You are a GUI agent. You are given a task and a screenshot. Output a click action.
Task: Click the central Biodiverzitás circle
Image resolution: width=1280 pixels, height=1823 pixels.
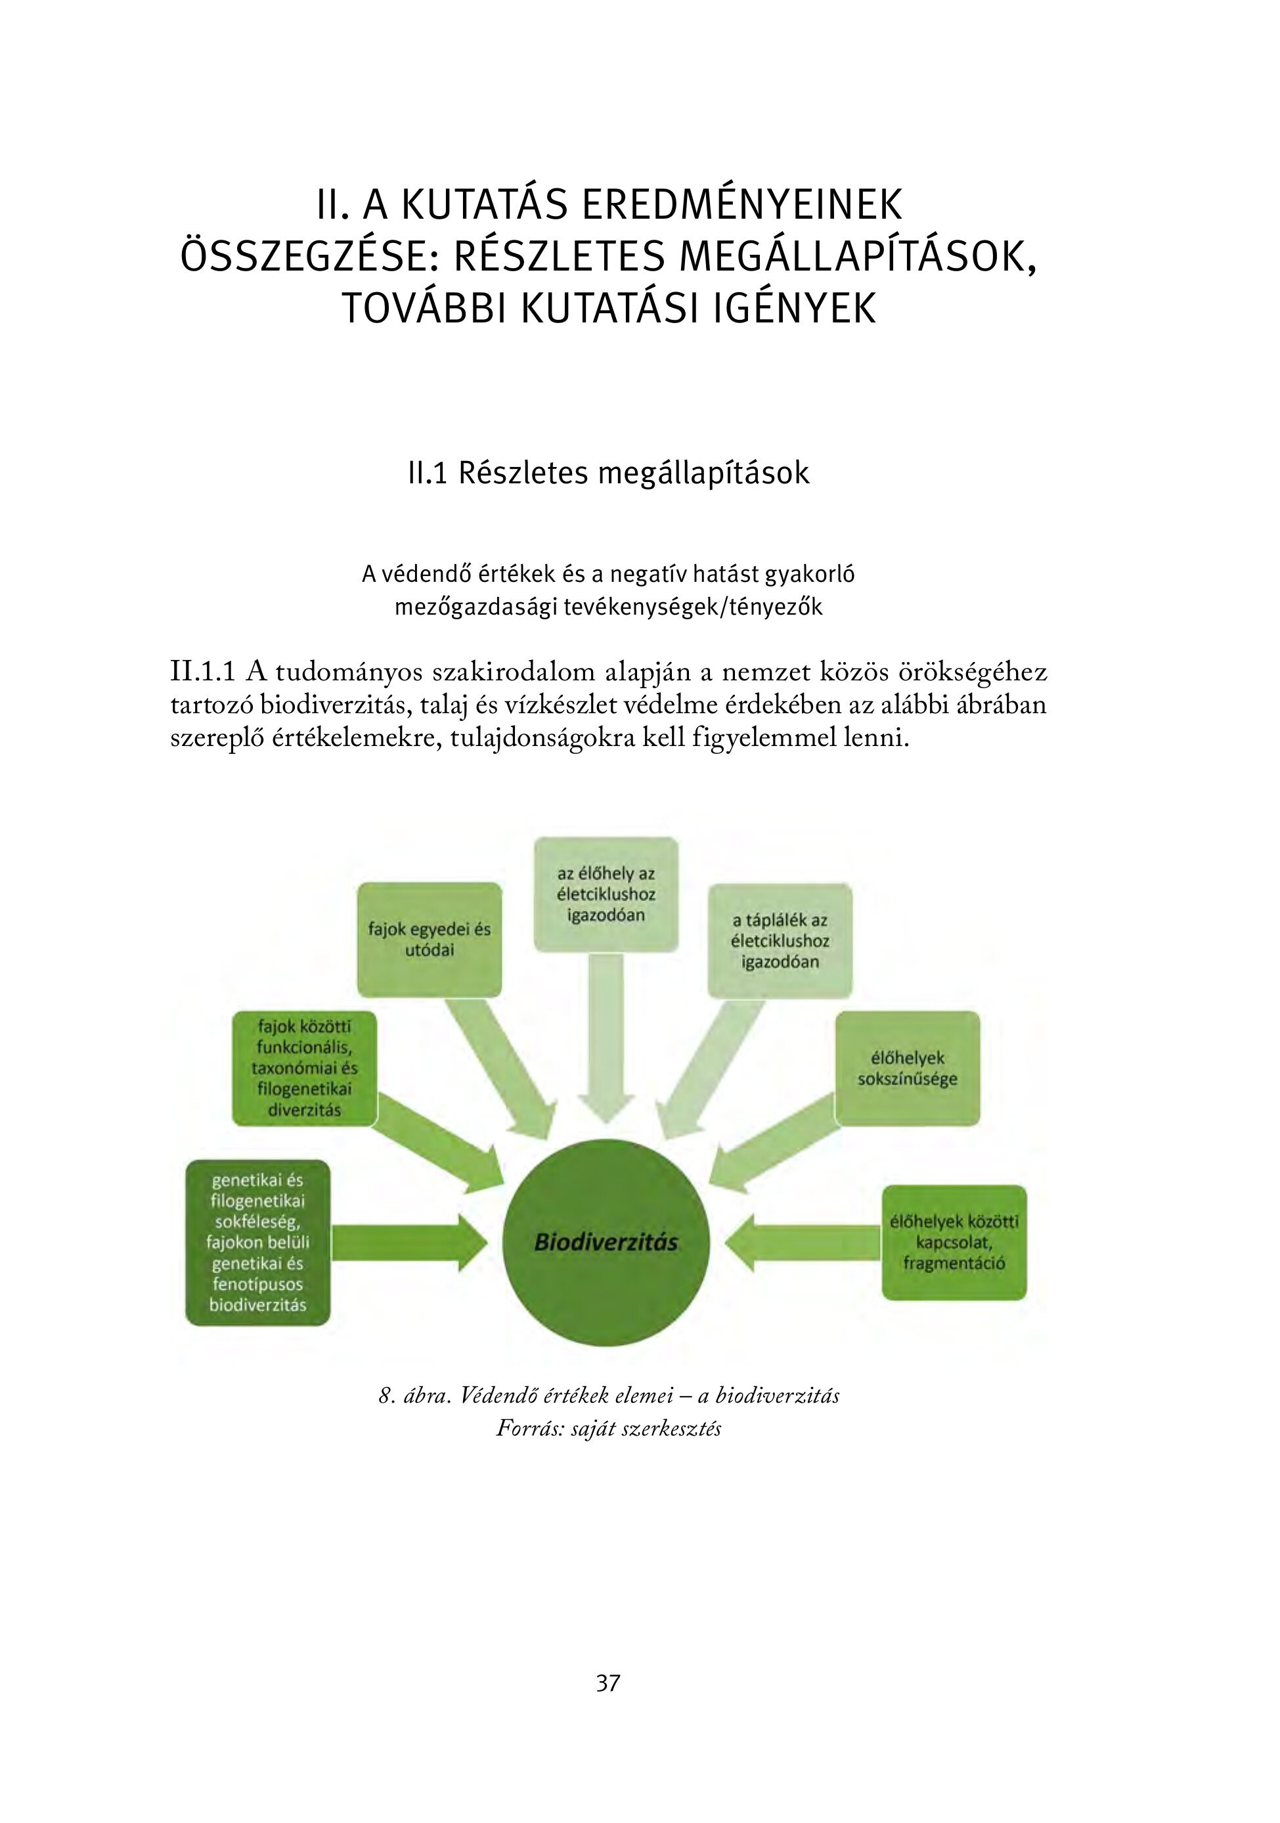[x=606, y=1242]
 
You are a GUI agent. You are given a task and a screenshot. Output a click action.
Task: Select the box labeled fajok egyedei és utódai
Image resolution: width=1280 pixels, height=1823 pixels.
[x=429, y=939]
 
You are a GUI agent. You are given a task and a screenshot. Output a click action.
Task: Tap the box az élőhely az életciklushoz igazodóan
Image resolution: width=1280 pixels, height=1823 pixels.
[x=606, y=894]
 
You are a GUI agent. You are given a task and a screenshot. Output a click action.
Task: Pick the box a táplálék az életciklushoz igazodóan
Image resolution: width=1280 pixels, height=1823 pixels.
[x=780, y=941]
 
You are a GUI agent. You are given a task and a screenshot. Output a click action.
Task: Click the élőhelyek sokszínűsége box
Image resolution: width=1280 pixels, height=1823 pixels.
[x=907, y=1068]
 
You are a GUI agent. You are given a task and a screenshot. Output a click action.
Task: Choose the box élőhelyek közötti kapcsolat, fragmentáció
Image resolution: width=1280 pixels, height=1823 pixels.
[x=954, y=1242]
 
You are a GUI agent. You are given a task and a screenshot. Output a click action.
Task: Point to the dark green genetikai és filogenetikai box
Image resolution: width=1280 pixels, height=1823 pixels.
[x=257, y=1242]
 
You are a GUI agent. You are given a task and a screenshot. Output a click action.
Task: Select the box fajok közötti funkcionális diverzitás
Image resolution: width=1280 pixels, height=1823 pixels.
[x=304, y=1068]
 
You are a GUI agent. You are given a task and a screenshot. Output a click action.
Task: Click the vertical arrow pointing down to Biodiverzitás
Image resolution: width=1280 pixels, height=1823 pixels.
[x=606, y=1040]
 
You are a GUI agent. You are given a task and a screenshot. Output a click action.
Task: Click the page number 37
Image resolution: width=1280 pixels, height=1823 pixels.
[x=608, y=1683]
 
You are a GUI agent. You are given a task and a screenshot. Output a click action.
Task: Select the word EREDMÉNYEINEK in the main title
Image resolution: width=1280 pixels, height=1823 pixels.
[x=742, y=205]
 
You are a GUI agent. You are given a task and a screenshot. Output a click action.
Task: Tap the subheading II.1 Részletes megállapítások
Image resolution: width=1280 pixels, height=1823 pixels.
[x=608, y=473]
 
